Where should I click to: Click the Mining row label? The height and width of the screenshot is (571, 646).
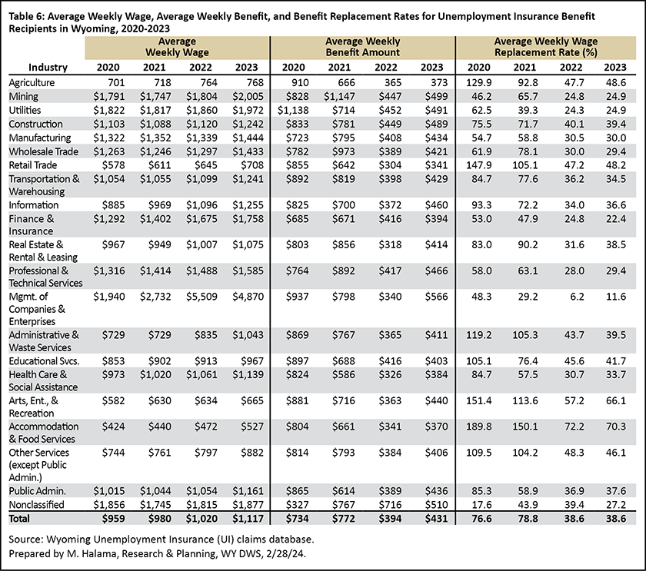pyautogui.click(x=24, y=96)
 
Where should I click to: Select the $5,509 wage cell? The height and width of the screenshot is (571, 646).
pyautogui.click(x=201, y=297)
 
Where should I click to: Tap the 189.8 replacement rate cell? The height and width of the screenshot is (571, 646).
pyautogui.click(x=478, y=427)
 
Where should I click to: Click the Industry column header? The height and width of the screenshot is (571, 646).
pyautogui.click(x=48, y=67)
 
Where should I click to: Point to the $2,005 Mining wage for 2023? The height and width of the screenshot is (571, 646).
pyautogui.click(x=248, y=96)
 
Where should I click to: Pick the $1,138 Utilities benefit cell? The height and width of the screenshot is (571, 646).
pyautogui.click(x=293, y=111)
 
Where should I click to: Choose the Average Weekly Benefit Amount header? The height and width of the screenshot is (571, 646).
pyautogui.click(x=362, y=47)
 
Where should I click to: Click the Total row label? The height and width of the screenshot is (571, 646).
pyautogui.click(x=19, y=518)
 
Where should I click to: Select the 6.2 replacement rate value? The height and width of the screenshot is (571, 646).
pyautogui.click(x=576, y=297)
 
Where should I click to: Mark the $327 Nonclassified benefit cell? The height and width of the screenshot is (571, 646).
pyautogui.click(x=298, y=505)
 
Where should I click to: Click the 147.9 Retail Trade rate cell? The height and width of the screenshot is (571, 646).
pyautogui.click(x=478, y=165)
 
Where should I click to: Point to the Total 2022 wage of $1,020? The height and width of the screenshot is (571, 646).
pyautogui.click(x=201, y=518)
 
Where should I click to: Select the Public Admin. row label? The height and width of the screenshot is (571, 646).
pyautogui.click(x=37, y=491)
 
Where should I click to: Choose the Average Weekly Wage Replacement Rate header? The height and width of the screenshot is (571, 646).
pyautogui.click(x=546, y=47)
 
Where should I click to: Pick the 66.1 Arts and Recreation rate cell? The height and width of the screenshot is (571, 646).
pyautogui.click(x=616, y=400)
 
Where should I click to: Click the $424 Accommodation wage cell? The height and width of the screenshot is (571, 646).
pyautogui.click(x=113, y=427)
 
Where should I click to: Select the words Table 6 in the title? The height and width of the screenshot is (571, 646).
pyautogui.click(x=27, y=16)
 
